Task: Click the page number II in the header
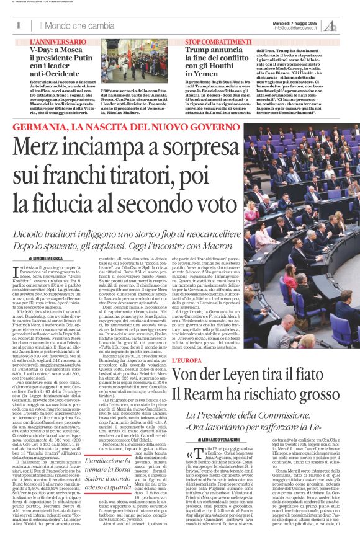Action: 19,25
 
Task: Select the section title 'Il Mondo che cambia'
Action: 76,26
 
